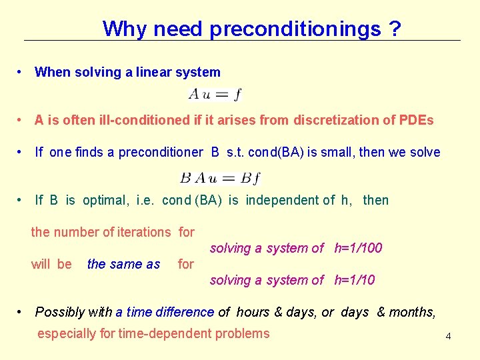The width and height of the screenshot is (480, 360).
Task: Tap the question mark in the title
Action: tap(396, 29)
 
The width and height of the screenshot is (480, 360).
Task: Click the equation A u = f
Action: tap(215, 95)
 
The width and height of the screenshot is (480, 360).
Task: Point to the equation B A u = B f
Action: tap(220, 178)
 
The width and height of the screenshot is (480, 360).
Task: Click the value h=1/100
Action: tap(358, 248)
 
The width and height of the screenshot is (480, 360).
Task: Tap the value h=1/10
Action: tap(354, 280)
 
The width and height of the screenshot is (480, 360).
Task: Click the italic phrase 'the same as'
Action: tap(123, 264)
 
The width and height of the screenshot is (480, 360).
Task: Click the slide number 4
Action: tap(448, 336)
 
